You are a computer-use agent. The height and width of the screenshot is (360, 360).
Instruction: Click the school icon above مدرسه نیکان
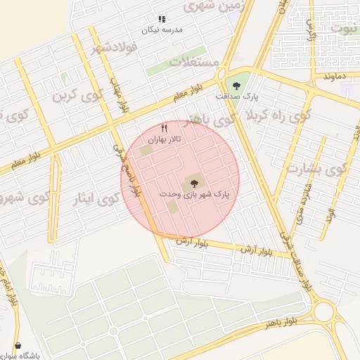point(162,20)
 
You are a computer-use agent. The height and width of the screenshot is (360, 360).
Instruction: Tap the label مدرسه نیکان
point(162,30)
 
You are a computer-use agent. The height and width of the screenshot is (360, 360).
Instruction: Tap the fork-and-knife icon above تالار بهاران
point(165,128)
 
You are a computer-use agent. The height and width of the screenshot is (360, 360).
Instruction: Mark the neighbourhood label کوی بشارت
point(316,169)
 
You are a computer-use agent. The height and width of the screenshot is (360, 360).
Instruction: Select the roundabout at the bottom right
point(325,311)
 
